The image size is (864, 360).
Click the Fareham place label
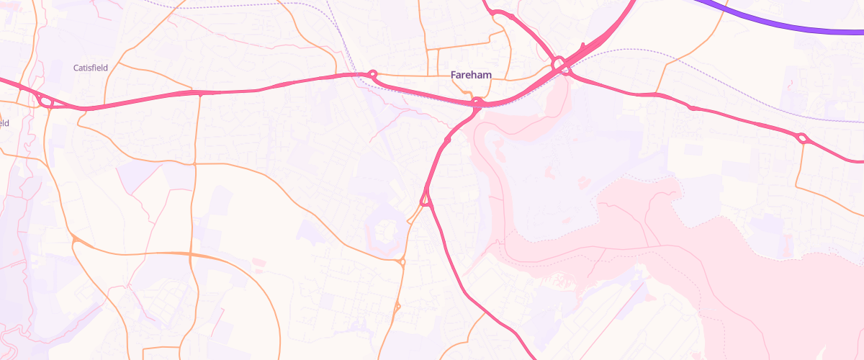[471, 75]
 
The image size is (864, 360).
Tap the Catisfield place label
[91, 68]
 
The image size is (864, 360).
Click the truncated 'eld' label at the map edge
[4, 122]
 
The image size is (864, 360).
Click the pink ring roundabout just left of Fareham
[372, 73]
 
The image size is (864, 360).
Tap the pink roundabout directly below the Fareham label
[477, 102]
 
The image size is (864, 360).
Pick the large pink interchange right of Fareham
[562, 66]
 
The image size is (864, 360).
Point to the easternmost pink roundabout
[802, 138]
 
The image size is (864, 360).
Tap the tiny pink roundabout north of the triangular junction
[448, 140]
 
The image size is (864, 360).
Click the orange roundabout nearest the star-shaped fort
[402, 262]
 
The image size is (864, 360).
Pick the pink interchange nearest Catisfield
[45, 102]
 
